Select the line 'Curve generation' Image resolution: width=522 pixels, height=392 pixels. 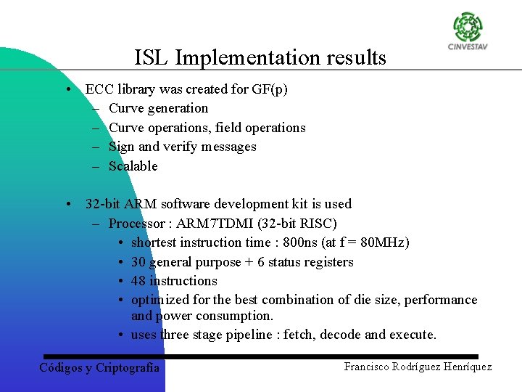[x=158, y=108]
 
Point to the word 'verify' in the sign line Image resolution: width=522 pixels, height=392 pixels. [x=183, y=147]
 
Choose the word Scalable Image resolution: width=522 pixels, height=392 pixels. [x=133, y=166]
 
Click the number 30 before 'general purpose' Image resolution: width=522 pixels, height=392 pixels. [x=138, y=262]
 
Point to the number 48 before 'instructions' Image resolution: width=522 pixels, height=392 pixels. [x=138, y=281]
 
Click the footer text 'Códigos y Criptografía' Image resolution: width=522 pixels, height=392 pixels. [x=99, y=367]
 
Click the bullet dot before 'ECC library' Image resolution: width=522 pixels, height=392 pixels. [x=67, y=90]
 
